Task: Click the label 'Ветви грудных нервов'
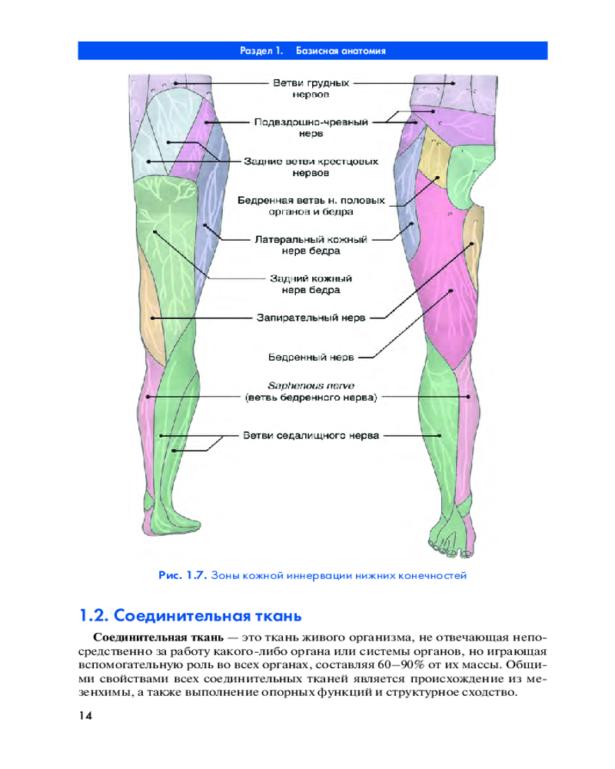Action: (x=311, y=88)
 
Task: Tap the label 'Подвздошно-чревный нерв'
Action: (x=311, y=127)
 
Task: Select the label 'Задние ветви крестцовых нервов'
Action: (x=311, y=167)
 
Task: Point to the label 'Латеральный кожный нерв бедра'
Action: (x=311, y=245)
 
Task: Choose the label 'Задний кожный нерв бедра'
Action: (x=311, y=285)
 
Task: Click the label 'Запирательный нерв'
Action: (x=311, y=317)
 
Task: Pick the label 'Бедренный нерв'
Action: (x=311, y=357)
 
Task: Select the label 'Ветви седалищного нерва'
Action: (x=311, y=435)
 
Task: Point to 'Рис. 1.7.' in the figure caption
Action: (x=182, y=574)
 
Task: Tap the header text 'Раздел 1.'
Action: (x=261, y=52)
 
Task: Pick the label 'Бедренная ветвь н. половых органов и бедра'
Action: (x=311, y=205)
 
